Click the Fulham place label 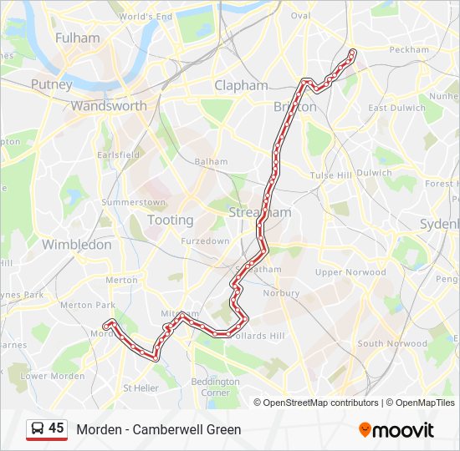(x=77, y=38)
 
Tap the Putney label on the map (x=52, y=84)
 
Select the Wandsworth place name (x=109, y=106)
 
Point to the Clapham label (x=241, y=85)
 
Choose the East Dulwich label (x=396, y=108)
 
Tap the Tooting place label (x=170, y=220)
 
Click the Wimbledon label (x=76, y=245)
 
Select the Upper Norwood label (x=350, y=272)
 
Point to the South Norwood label (x=392, y=343)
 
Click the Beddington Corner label (x=210, y=387)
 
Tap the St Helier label (x=141, y=388)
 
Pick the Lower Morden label (x=52, y=376)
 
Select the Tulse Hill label (x=331, y=175)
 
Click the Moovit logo (x=396, y=430)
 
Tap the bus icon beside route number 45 (x=37, y=428)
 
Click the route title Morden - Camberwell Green (x=159, y=430)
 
